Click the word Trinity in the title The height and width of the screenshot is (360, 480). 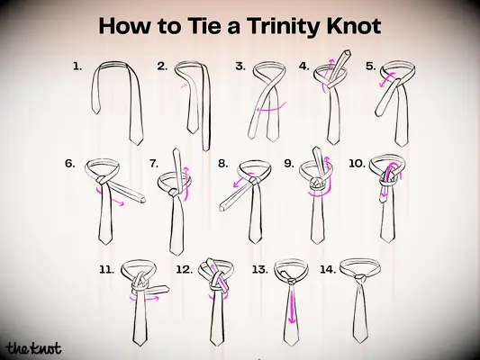288,27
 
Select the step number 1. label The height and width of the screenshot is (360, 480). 77,67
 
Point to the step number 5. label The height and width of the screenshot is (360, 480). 370,67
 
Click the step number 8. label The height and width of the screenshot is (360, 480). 222,164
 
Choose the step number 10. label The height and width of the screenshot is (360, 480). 357,164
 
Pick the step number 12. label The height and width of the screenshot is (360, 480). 184,268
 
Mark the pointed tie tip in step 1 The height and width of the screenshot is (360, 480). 134,139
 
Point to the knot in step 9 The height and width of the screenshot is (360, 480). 316,184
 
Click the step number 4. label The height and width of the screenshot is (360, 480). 304,67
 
